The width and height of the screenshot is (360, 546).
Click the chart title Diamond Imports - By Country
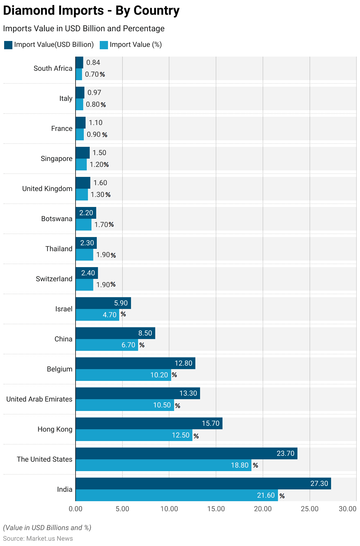point(91,11)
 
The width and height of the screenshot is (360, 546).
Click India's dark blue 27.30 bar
point(203,483)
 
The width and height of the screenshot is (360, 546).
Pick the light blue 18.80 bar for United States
point(163,465)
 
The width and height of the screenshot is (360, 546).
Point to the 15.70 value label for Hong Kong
point(210,423)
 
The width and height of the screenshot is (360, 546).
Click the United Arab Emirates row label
point(39,399)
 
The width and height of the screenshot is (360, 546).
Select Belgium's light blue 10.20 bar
point(123,375)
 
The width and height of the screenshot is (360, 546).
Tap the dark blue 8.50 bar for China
point(115,333)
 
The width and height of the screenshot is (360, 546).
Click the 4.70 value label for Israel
point(109,315)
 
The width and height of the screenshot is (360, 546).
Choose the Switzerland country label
point(54,279)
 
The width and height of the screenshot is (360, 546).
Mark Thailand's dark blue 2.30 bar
point(86,243)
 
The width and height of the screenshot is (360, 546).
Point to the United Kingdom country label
point(47,189)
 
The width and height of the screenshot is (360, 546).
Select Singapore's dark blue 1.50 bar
point(83,153)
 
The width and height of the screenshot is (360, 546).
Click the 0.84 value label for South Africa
point(93,63)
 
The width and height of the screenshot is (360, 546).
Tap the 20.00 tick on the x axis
point(263,509)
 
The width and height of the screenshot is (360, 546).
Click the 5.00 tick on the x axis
point(122,509)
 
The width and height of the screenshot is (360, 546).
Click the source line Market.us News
point(38,538)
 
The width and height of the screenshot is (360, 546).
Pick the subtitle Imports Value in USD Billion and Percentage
point(84,29)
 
